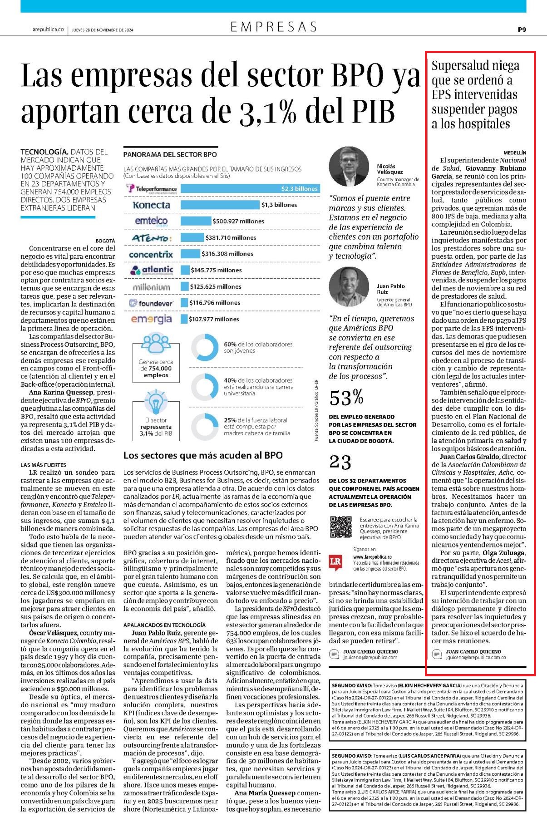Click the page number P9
522,30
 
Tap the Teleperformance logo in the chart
151,188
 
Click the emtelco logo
151,221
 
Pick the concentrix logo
151,254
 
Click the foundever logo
151,303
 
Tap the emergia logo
151,319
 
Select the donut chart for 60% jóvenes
205,348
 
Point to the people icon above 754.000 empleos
156,344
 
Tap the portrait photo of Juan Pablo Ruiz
349,287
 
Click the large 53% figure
346,398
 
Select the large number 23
340,463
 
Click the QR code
340,527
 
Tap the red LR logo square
335,561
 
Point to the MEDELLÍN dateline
515,153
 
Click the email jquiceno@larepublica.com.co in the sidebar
476,657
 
